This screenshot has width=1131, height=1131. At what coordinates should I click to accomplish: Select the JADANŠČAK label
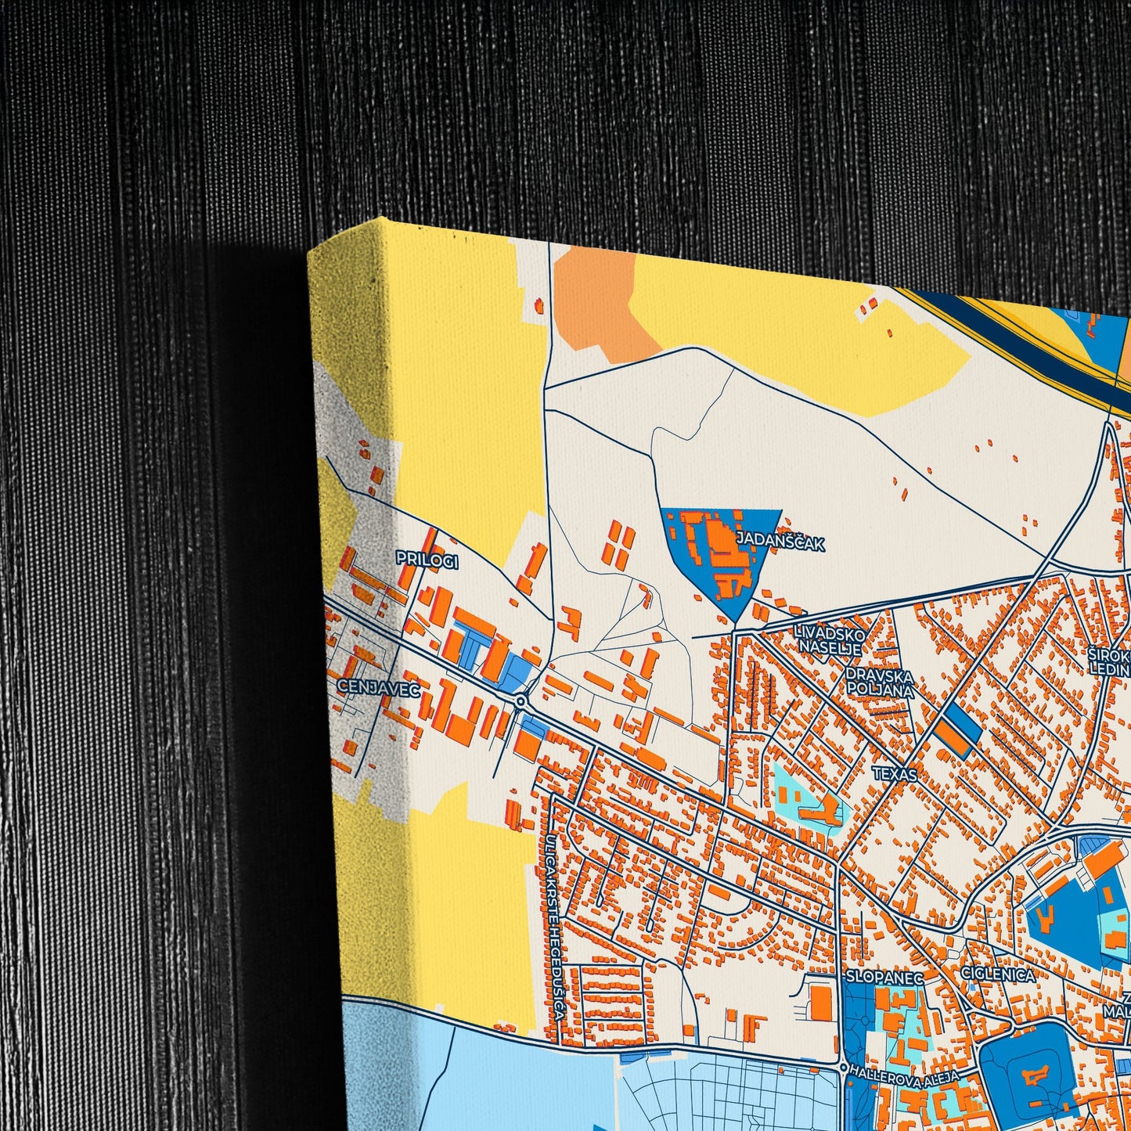pos(780,542)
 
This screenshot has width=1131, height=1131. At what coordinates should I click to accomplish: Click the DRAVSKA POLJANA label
pos(879,683)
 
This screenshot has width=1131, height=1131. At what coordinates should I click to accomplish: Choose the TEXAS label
pos(895,773)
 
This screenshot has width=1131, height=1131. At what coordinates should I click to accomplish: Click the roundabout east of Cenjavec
pos(520,701)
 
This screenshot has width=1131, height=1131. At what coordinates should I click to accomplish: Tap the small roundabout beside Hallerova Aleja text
pos(842,1067)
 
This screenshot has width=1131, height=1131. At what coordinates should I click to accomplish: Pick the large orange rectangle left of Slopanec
pos(821,1002)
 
